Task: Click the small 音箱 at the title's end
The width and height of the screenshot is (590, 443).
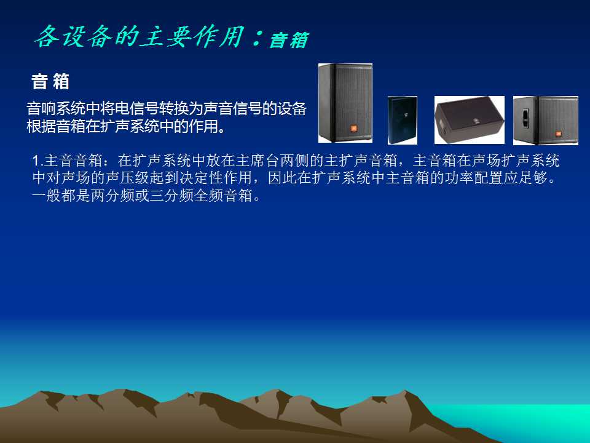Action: click(x=289, y=40)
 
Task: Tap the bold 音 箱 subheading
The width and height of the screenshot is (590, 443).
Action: click(x=50, y=81)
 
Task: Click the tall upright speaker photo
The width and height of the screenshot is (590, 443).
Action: click(x=345, y=103)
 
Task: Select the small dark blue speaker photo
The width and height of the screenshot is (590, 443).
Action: click(x=402, y=120)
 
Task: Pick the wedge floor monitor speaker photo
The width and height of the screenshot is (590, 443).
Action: click(x=469, y=120)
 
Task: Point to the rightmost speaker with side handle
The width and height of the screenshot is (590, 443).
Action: click(x=546, y=120)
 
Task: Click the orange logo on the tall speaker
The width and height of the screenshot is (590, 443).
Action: click(x=353, y=129)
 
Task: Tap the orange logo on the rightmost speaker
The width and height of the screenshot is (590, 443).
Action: click(x=559, y=133)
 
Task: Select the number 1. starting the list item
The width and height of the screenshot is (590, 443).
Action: click(x=37, y=161)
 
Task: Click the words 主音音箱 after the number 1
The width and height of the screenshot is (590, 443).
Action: click(x=73, y=161)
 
